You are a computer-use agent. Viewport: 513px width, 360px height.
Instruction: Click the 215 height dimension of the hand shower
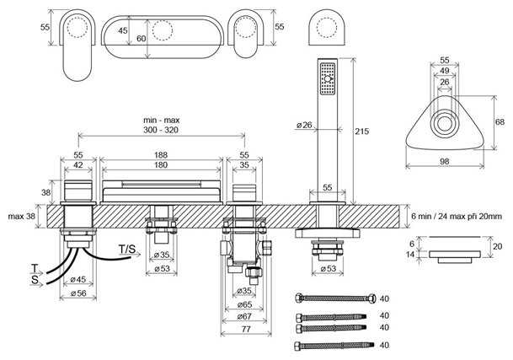(x=362, y=132)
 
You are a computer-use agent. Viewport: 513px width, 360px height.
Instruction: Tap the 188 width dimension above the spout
(x=161, y=154)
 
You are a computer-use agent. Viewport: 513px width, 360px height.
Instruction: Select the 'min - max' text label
(x=161, y=121)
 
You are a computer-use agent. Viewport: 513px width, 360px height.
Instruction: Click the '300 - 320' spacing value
(x=161, y=130)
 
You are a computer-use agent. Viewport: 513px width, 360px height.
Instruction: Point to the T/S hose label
(x=127, y=249)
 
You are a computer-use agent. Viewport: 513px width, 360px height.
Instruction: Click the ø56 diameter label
(x=78, y=293)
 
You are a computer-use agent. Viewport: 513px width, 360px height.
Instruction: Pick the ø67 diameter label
(x=245, y=316)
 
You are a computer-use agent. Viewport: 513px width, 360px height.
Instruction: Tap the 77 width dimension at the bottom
(x=246, y=329)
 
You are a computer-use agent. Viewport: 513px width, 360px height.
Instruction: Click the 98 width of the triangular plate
(x=444, y=161)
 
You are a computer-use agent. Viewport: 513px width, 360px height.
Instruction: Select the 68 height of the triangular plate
(x=500, y=122)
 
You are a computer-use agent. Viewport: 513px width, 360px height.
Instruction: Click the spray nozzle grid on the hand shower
(x=328, y=78)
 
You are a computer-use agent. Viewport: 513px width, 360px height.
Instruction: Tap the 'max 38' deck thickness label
(x=21, y=217)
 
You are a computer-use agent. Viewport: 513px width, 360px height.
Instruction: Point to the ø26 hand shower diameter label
(x=304, y=125)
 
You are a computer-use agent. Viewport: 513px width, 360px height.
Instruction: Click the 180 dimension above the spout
(x=161, y=164)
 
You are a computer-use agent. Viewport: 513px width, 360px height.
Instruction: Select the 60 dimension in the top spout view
(x=142, y=39)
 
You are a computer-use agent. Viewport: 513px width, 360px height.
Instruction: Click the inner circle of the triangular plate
(x=444, y=125)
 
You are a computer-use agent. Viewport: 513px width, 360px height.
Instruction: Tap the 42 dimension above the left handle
(x=77, y=164)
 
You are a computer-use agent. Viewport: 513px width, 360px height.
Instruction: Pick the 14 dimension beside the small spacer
(x=410, y=255)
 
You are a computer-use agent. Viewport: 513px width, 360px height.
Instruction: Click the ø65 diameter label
(x=245, y=304)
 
